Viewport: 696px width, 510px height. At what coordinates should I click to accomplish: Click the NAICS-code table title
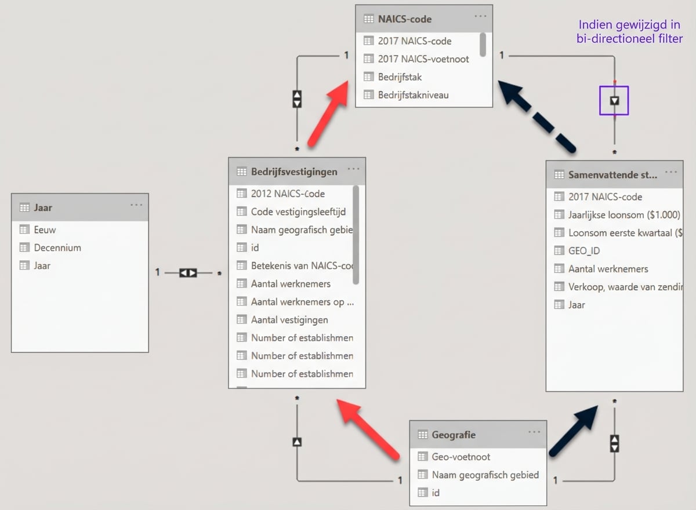click(x=404, y=19)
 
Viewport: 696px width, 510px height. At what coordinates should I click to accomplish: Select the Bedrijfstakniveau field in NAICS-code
click(x=413, y=94)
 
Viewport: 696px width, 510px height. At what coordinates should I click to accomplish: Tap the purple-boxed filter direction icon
click(x=614, y=100)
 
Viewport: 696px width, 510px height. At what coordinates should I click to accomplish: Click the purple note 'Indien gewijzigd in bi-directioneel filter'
click(x=629, y=32)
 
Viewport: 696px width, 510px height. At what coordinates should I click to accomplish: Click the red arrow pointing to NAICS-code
click(x=328, y=114)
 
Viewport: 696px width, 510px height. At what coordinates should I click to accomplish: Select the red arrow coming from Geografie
click(x=369, y=429)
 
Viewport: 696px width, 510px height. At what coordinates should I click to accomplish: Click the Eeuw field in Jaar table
click(x=45, y=230)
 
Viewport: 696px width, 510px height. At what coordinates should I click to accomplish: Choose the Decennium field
click(x=57, y=247)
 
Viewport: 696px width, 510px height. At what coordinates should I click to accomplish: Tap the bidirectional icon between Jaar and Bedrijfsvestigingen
click(x=188, y=272)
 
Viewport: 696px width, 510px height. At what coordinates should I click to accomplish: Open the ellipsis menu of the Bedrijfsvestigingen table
click(x=353, y=170)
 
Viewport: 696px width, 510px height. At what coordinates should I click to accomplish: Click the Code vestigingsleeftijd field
click(x=298, y=212)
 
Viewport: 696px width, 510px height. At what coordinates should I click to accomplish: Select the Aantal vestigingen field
click(x=289, y=319)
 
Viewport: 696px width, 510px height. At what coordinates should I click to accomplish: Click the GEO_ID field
click(x=583, y=250)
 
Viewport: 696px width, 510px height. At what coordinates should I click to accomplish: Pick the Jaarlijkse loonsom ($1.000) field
click(x=623, y=214)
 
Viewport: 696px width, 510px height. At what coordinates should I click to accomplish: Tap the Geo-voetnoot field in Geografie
click(x=461, y=457)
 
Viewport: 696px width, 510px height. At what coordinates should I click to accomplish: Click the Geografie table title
click(x=453, y=435)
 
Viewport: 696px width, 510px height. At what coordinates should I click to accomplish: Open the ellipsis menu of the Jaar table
click(x=136, y=205)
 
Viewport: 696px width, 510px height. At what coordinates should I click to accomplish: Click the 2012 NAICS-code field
click(x=287, y=194)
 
